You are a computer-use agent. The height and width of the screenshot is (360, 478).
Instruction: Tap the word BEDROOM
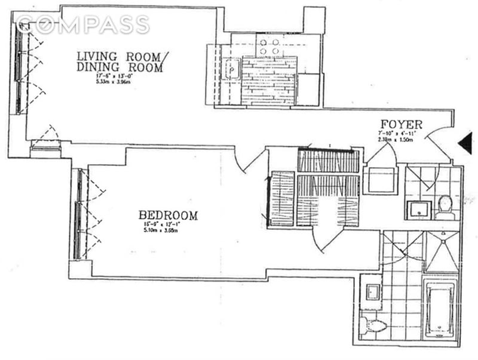[x=168, y=215]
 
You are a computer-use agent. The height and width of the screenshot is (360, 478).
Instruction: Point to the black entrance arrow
[x=465, y=143]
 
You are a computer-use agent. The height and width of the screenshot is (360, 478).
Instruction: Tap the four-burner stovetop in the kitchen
[x=269, y=47]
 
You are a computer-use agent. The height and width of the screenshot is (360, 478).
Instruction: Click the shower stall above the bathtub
[x=441, y=251]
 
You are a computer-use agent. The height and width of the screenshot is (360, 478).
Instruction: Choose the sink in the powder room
[x=419, y=210]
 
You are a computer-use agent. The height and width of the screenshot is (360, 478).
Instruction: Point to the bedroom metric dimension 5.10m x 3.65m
[x=160, y=230]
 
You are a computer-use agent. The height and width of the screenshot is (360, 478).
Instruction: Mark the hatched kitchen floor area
[x=268, y=81]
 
